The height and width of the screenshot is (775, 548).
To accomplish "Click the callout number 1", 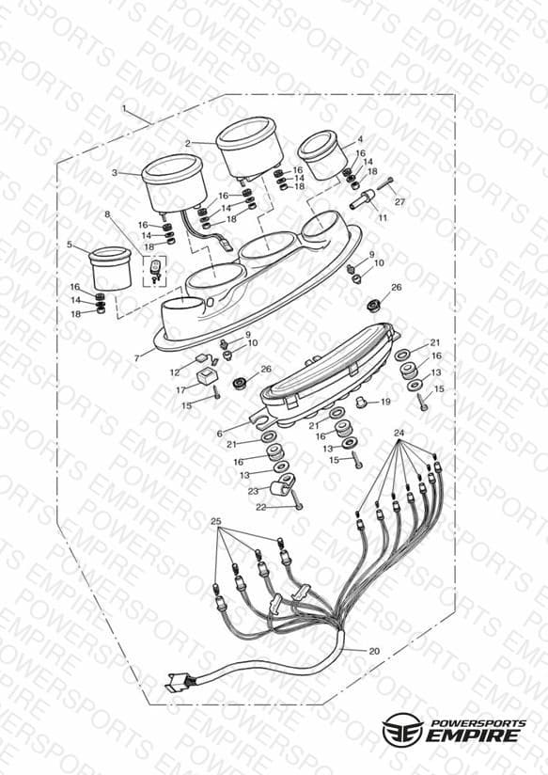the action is (124, 108).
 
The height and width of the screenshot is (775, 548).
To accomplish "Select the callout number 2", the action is (188, 143).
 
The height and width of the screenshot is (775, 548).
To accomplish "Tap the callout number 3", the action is (115, 173).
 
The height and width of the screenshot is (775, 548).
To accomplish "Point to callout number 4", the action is (360, 139).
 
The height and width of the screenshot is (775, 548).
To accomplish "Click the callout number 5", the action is (70, 245).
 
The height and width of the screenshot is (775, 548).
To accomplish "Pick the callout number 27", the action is (399, 201).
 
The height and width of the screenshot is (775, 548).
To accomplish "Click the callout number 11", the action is (383, 217).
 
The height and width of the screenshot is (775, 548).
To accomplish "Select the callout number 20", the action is (374, 651).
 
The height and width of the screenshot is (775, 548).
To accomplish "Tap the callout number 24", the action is (399, 433).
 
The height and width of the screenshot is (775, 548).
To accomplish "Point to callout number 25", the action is (216, 521).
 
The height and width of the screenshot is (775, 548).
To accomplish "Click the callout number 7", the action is (137, 358).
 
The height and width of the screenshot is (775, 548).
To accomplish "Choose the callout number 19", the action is (385, 402).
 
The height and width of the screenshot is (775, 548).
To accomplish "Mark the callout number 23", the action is (253, 491).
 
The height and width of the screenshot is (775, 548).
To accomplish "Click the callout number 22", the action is (261, 507).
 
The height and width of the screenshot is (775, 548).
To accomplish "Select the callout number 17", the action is (180, 390).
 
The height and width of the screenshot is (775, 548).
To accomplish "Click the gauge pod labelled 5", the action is (110, 269).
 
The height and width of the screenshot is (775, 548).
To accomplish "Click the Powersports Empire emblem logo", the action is (402, 730).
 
